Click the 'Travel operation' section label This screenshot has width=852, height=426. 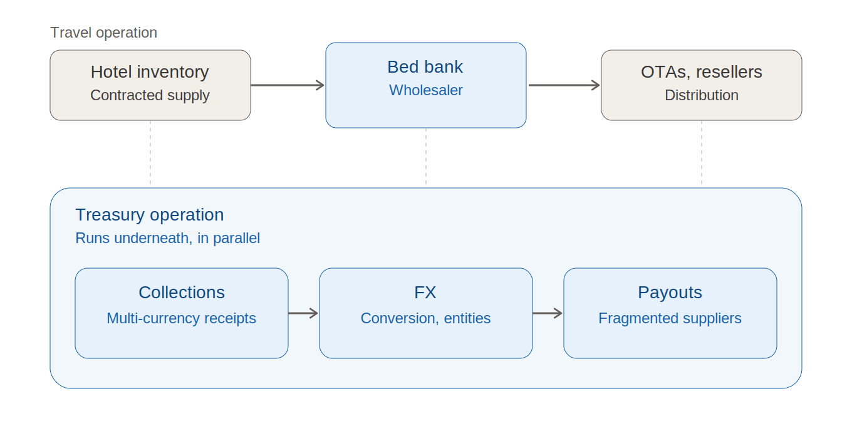[103, 33]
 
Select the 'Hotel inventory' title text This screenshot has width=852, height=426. [150, 72]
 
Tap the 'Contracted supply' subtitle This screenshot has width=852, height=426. [150, 95]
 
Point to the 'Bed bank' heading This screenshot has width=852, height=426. [425, 67]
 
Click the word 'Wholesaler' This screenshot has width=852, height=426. [425, 90]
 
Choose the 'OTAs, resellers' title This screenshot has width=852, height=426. [702, 72]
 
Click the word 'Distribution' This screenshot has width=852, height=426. [702, 95]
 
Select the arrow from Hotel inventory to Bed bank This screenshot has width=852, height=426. [288, 85]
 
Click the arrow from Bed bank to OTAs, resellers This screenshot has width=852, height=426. [564, 85]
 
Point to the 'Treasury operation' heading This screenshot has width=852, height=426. [150, 215]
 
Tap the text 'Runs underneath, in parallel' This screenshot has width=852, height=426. [168, 238]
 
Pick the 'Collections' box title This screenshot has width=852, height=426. [182, 293]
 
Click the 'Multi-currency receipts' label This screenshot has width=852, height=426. [182, 318]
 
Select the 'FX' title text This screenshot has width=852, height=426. [425, 293]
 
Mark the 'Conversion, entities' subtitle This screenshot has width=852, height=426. [425, 318]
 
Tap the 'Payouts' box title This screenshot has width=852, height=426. [670, 293]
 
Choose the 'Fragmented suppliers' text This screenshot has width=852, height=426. [670, 318]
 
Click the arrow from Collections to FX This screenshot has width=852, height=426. [303, 313]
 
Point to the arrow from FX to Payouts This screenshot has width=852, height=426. [548, 313]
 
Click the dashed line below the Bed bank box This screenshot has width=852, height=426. [426, 157]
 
